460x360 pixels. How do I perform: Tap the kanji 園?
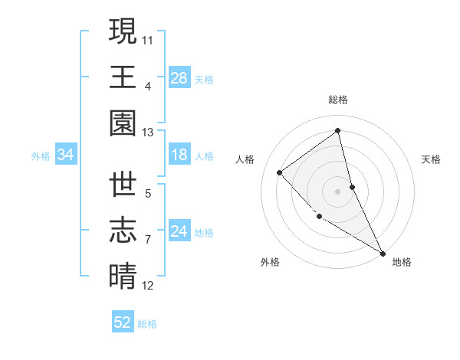point(123,123)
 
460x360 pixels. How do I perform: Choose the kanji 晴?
point(123,276)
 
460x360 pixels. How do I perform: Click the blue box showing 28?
point(179,77)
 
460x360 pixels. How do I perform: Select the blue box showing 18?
point(179,155)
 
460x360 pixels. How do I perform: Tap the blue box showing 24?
point(179,231)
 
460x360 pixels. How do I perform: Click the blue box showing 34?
point(66,155)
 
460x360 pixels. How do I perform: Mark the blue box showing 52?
point(123,322)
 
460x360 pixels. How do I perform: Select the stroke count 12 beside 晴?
point(148,286)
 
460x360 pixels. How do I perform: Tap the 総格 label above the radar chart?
point(338,100)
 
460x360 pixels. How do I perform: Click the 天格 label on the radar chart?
point(431,159)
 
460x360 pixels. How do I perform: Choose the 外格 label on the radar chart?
point(269,262)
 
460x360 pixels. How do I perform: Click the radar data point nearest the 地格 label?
point(383,253)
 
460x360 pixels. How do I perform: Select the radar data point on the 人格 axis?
point(280,172)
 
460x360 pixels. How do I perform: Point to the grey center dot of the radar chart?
point(338,191)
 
